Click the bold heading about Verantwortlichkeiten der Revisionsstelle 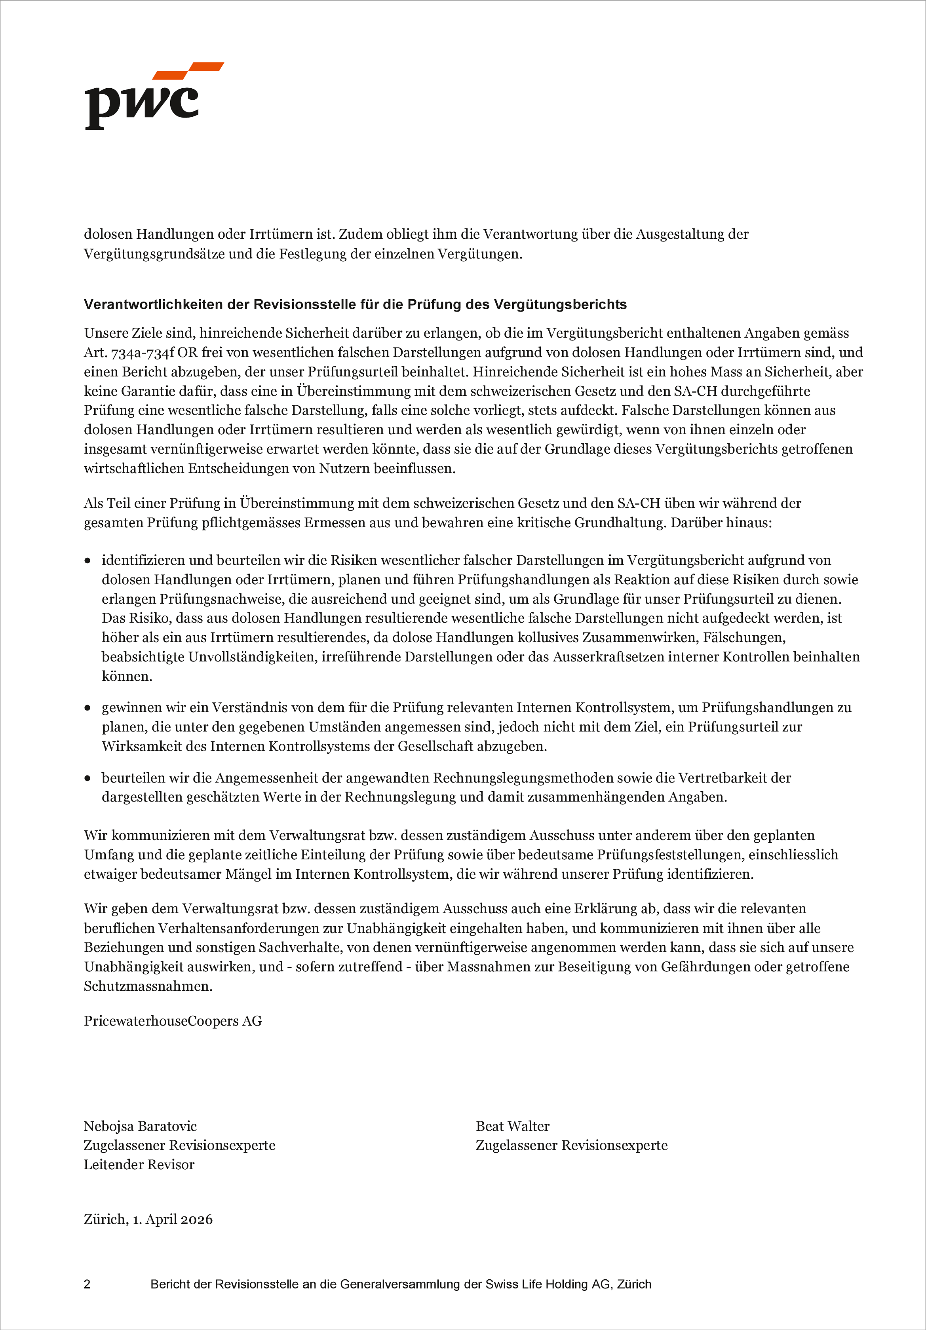tap(355, 305)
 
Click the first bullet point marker tap(87, 561)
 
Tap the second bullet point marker tap(87, 708)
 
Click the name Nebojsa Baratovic tap(140, 1126)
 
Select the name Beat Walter tap(512, 1126)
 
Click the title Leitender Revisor tap(139, 1164)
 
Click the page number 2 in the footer tap(87, 1284)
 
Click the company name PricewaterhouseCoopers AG tap(173, 1021)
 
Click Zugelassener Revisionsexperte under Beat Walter tap(571, 1145)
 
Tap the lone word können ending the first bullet tap(127, 676)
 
